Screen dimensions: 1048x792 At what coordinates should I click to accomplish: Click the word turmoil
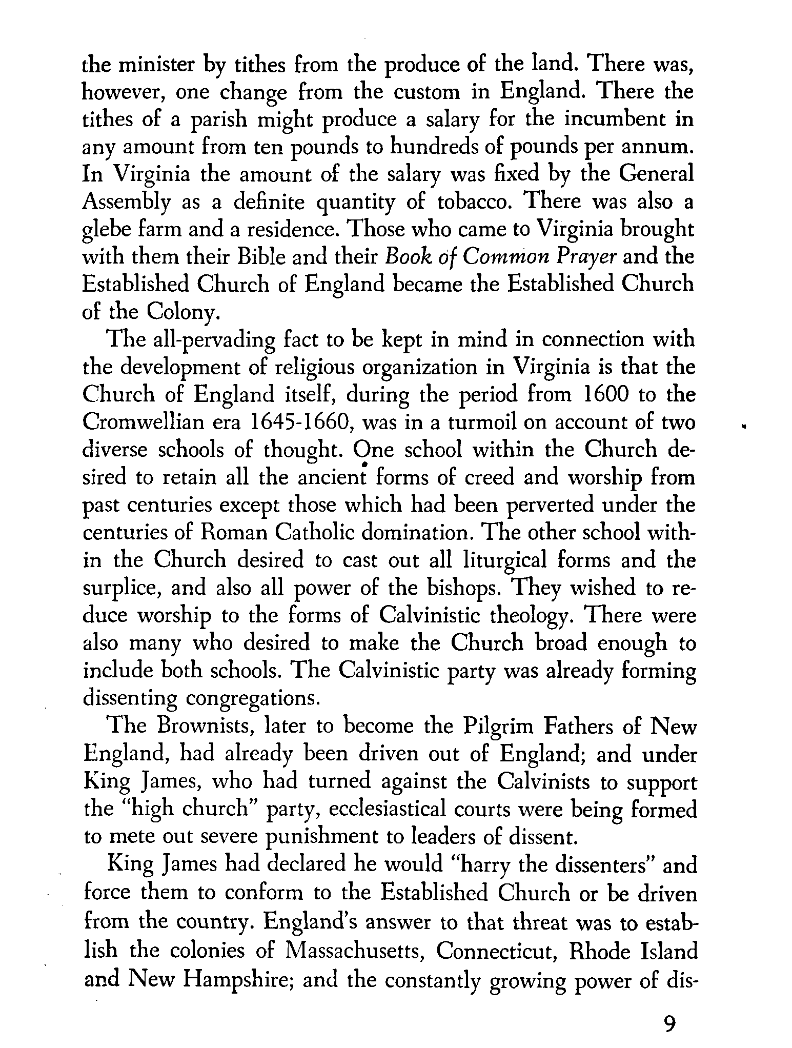tap(468, 422)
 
